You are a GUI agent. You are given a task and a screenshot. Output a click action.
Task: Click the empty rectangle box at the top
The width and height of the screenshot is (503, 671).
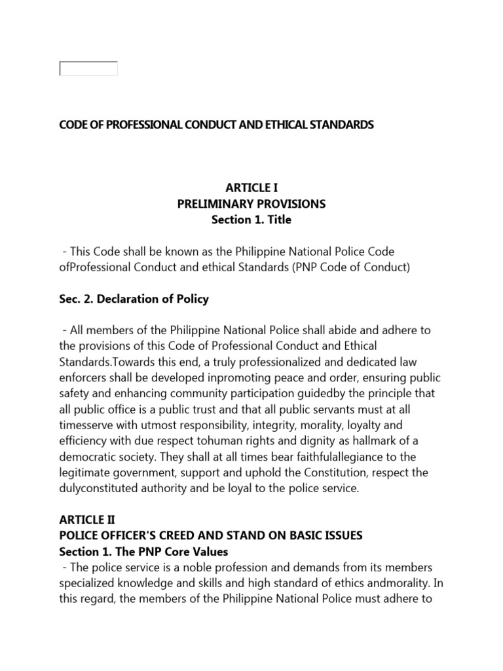(88, 68)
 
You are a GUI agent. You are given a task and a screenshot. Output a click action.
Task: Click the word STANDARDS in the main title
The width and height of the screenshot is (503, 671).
(339, 124)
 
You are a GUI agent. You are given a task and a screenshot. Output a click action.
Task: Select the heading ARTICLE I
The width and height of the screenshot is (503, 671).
(251, 188)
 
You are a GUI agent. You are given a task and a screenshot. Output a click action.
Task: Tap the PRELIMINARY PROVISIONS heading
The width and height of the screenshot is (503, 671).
(251, 204)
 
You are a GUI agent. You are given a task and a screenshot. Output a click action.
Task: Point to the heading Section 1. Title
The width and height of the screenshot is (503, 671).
(251, 220)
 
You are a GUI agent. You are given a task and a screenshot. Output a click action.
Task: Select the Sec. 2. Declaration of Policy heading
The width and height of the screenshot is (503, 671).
(134, 299)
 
